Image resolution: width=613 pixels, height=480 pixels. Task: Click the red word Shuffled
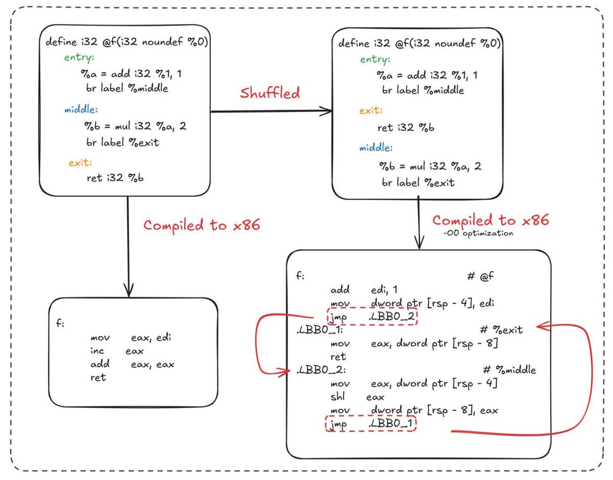[270, 93]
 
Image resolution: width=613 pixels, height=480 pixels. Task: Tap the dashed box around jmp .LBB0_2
[371, 317]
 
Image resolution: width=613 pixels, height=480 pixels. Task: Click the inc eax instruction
[117, 351]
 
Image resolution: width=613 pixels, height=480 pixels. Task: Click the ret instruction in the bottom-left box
[98, 378]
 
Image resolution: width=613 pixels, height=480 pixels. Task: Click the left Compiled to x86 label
[201, 225]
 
